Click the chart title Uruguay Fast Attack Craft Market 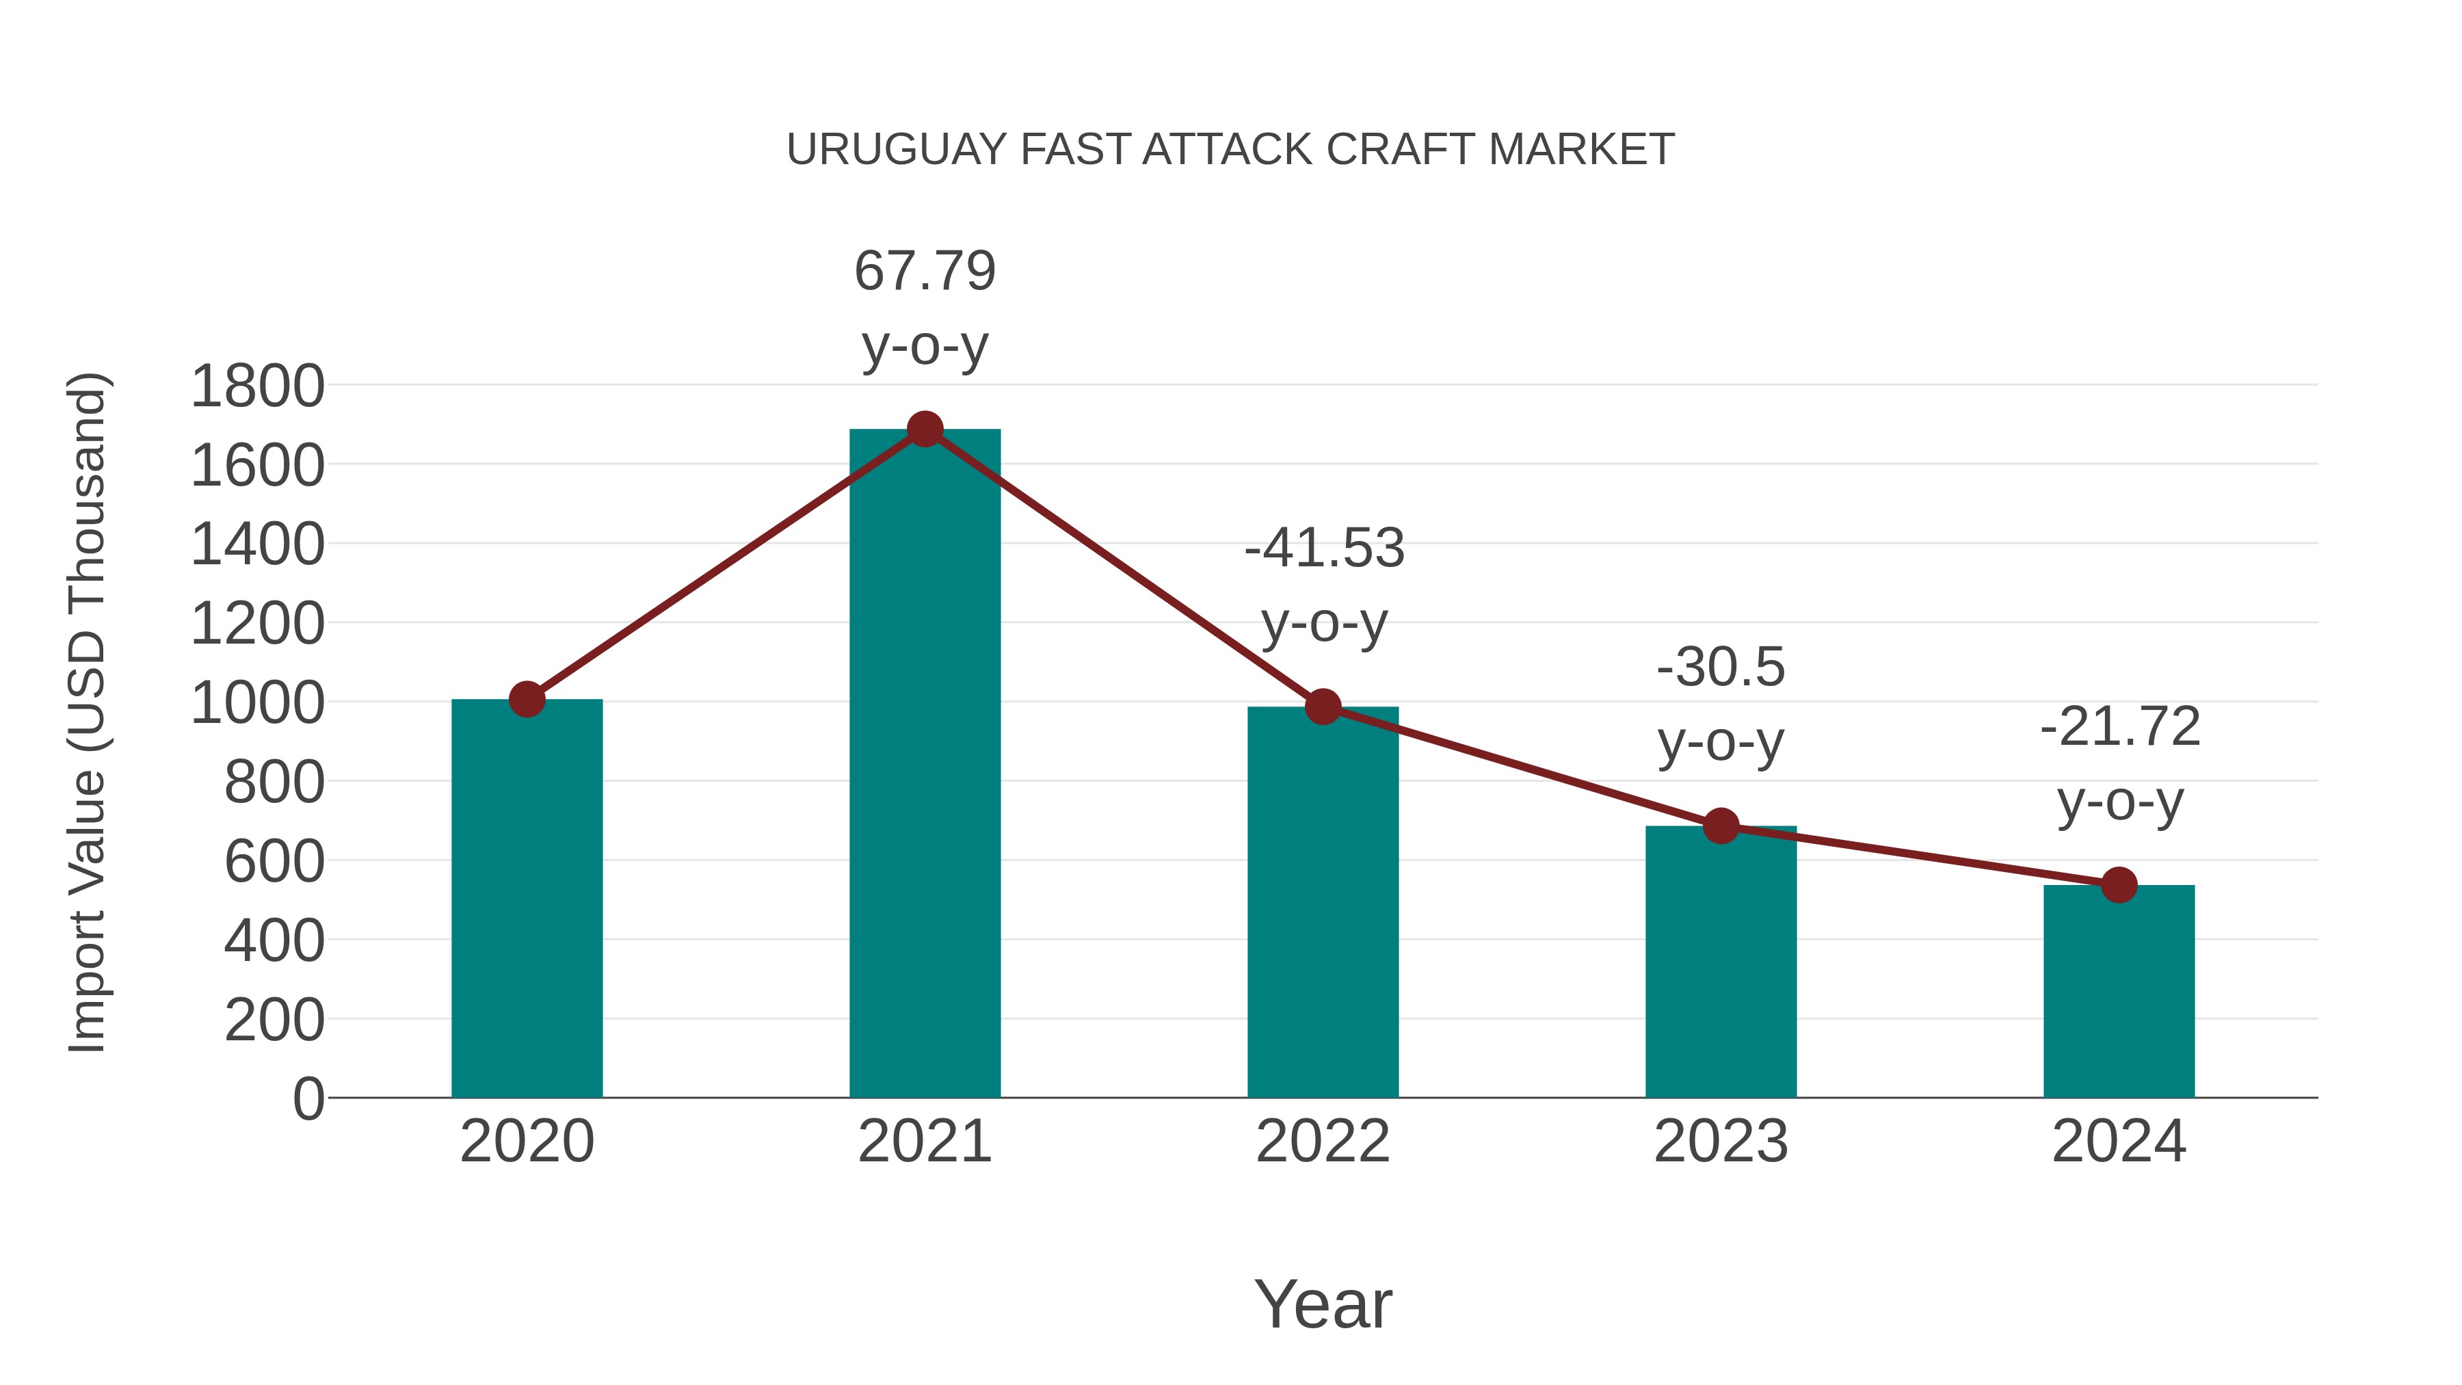pyautogui.click(x=1230, y=150)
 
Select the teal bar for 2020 pyautogui.click(x=527, y=899)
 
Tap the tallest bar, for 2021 pyautogui.click(x=924, y=765)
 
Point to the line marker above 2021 pyautogui.click(x=924, y=429)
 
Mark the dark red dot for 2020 pyautogui.click(x=527, y=700)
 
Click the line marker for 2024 pyautogui.click(x=2119, y=885)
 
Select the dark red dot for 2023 pyautogui.click(x=1721, y=826)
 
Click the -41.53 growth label pyautogui.click(x=1324, y=584)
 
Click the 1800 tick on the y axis pyautogui.click(x=257, y=387)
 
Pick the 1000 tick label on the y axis pyautogui.click(x=257, y=704)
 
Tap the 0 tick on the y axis pyautogui.click(x=308, y=1099)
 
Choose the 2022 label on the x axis pyautogui.click(x=1323, y=1142)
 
